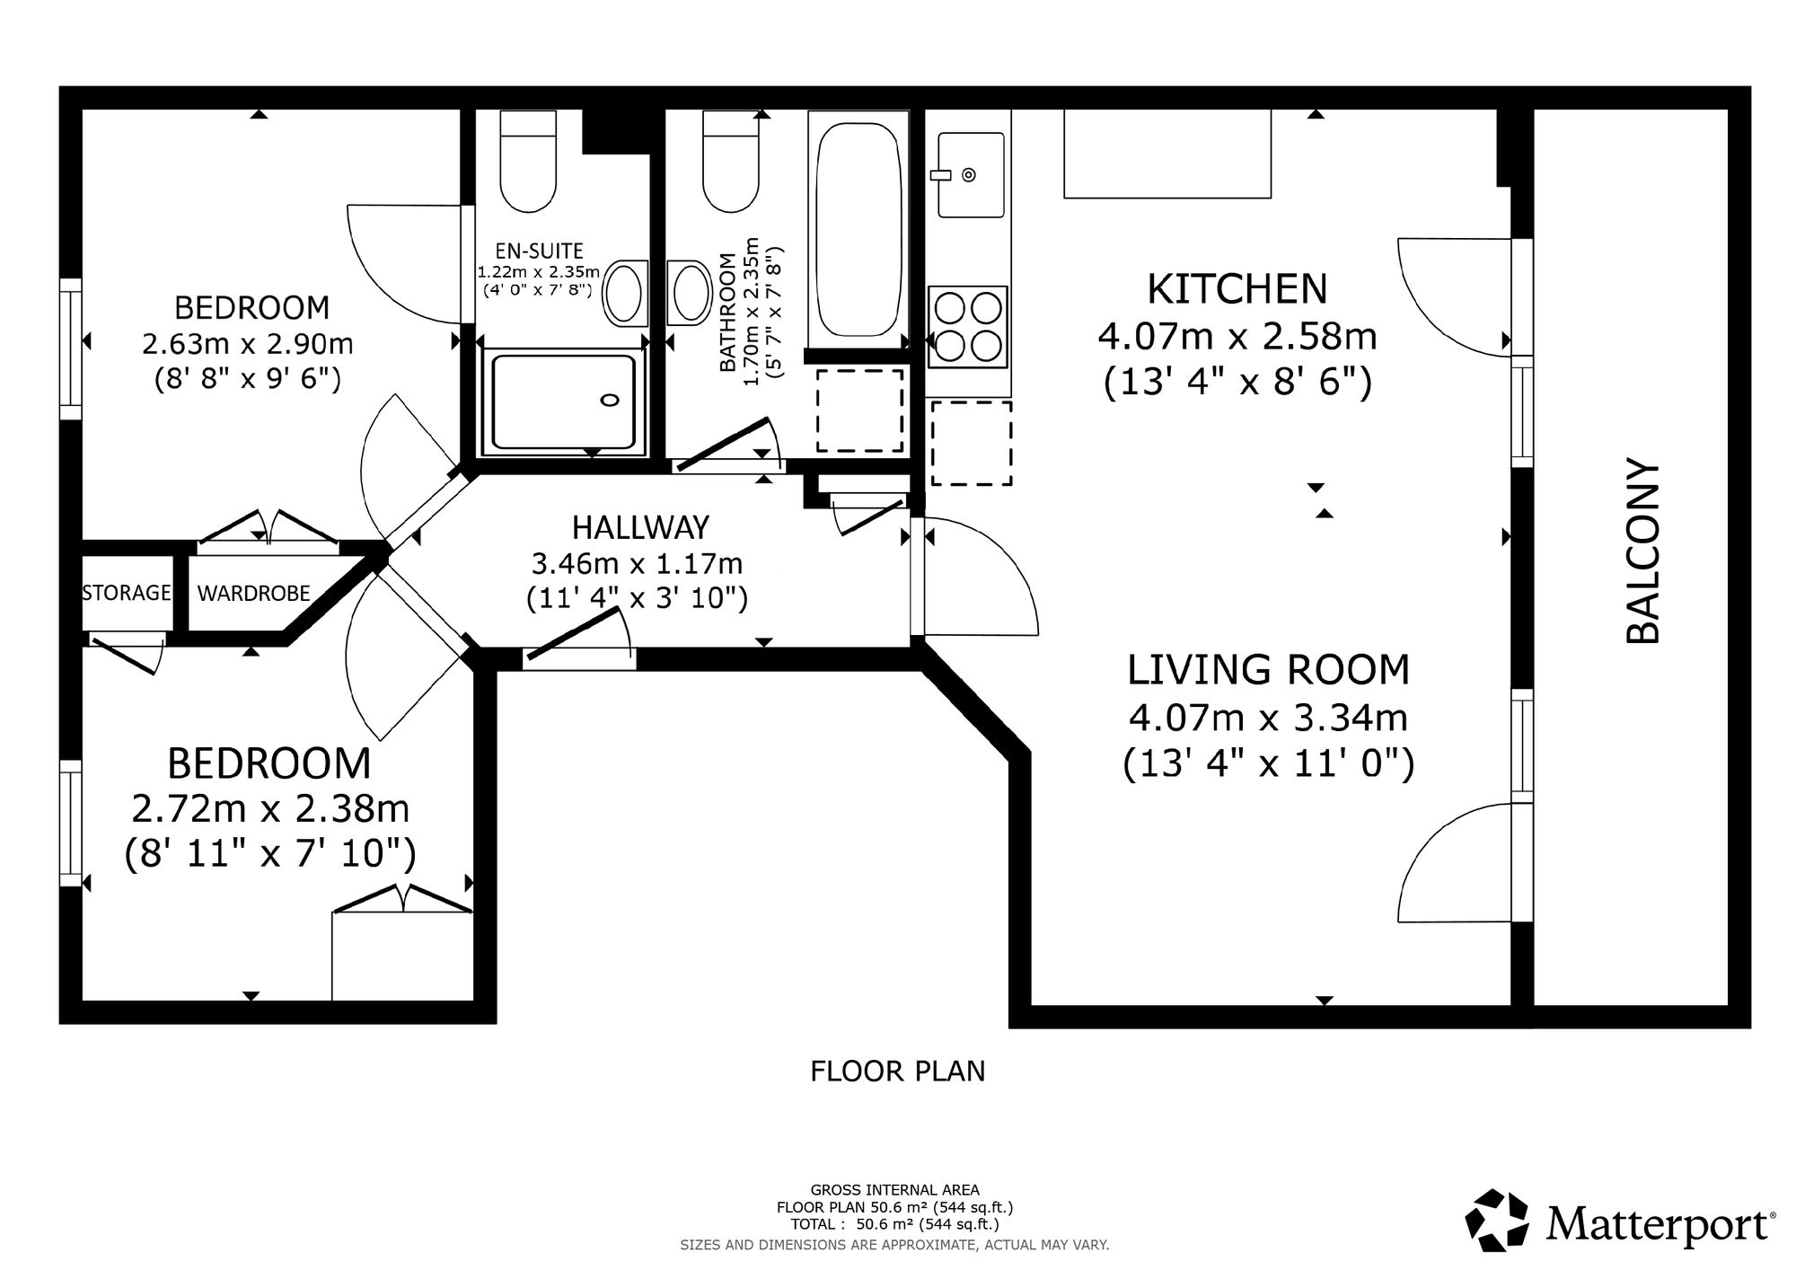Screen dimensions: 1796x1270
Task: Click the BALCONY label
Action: click(x=1642, y=552)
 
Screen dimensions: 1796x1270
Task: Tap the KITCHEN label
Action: click(x=1237, y=288)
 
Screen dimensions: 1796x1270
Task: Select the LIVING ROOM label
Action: click(x=1269, y=670)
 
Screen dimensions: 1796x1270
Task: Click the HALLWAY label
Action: click(x=641, y=526)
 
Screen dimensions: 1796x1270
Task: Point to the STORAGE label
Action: click(x=127, y=593)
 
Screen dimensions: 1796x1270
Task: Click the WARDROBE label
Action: click(x=254, y=593)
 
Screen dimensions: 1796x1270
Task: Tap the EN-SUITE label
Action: click(x=539, y=251)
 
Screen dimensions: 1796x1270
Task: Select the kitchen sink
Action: click(x=971, y=174)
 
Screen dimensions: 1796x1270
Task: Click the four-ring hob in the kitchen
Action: click(x=968, y=327)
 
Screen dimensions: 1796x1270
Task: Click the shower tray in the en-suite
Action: click(x=563, y=401)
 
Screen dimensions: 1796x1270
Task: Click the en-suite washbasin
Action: click(x=626, y=293)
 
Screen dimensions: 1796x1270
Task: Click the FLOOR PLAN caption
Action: click(x=898, y=1072)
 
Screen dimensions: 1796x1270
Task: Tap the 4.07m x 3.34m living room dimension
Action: click(x=1268, y=718)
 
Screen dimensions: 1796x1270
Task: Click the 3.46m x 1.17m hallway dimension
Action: click(x=638, y=564)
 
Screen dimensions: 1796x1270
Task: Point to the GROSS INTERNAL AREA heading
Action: click(x=895, y=1191)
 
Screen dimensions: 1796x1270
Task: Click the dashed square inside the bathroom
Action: click(x=859, y=410)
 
